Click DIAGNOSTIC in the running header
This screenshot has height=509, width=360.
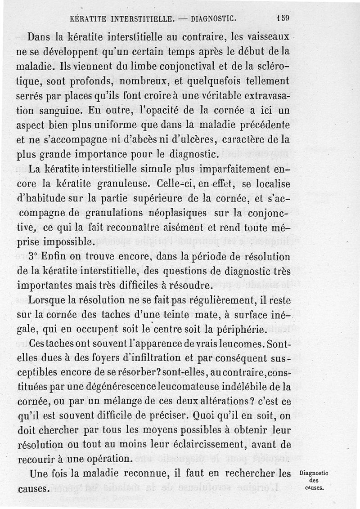coord(212,19)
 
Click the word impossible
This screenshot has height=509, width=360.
coord(67,243)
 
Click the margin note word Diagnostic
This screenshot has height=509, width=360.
coord(314,473)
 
